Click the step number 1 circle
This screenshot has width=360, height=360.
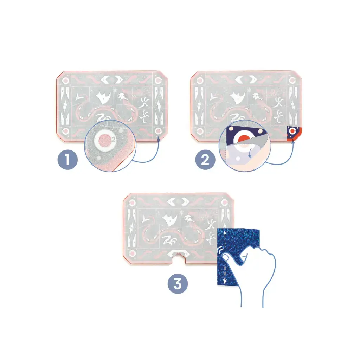click(x=67, y=159)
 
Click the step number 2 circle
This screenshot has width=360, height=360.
click(x=205, y=159)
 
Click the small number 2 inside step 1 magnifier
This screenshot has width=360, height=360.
click(x=113, y=139)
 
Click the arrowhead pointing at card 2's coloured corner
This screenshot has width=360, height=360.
click(x=293, y=141)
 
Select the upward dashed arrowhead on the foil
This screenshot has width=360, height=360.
click(x=225, y=232)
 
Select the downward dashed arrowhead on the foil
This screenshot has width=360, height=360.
click(x=225, y=281)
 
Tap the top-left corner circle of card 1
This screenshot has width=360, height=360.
click(x=66, y=81)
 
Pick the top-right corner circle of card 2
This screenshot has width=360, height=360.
click(x=292, y=81)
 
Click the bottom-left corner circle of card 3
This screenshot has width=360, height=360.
click(x=132, y=253)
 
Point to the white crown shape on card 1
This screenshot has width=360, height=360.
click(x=103, y=97)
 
